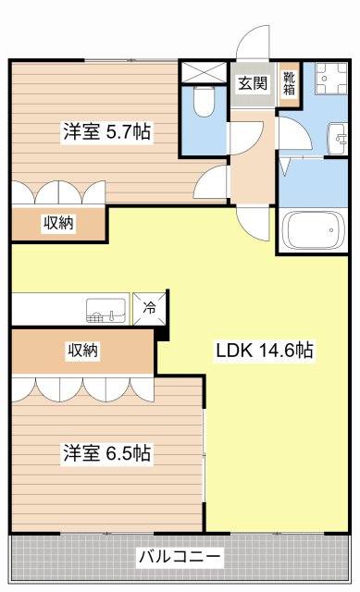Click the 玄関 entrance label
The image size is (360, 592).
tap(252, 82)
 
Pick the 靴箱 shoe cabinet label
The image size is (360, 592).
tap(290, 83)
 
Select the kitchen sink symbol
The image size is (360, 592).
tap(106, 309)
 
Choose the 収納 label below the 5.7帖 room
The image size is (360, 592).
tap(57, 222)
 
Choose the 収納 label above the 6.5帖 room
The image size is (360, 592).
tap(82, 351)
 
